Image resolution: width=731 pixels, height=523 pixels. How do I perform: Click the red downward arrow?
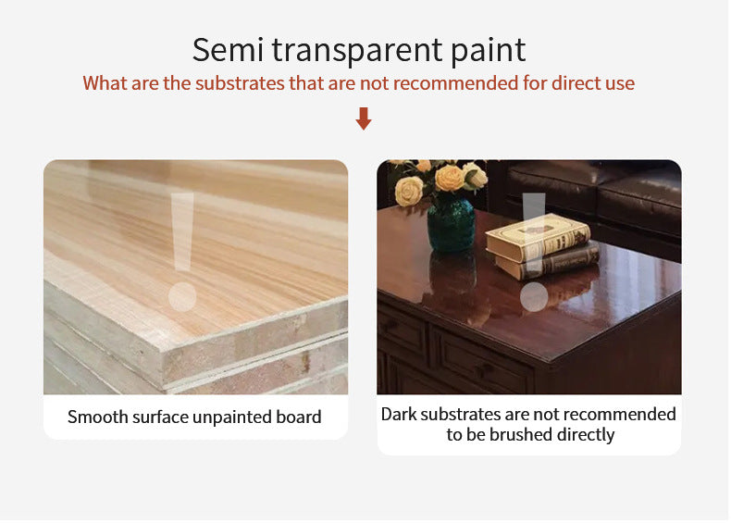364,118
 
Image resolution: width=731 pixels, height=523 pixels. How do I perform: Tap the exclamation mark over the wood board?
182,251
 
